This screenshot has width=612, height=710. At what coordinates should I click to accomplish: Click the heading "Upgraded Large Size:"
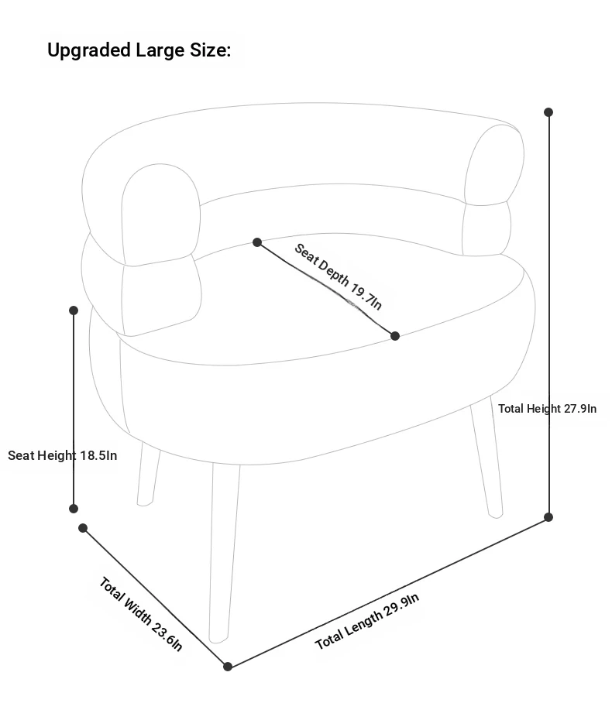pyautogui.click(x=139, y=50)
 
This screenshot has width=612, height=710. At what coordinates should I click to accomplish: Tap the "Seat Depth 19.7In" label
pyautogui.click(x=339, y=276)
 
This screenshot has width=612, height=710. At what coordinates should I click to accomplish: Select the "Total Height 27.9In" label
pyautogui.click(x=547, y=409)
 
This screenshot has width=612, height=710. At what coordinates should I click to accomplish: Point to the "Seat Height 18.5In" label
pyautogui.click(x=63, y=455)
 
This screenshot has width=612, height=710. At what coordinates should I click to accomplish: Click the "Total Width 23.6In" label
pyautogui.click(x=141, y=614)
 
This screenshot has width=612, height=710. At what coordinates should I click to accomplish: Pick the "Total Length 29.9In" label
pyautogui.click(x=367, y=621)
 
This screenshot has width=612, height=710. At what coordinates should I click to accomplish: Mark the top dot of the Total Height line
pyautogui.click(x=548, y=111)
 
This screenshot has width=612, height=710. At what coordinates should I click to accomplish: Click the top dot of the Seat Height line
pyautogui.click(x=74, y=310)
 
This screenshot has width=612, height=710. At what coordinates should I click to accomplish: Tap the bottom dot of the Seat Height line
pyautogui.click(x=74, y=509)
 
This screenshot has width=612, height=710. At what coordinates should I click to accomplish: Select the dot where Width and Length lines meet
pyautogui.click(x=228, y=666)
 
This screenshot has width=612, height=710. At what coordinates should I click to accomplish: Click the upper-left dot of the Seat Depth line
pyautogui.click(x=257, y=242)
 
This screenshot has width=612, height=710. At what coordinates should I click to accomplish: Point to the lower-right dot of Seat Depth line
pyautogui.click(x=395, y=336)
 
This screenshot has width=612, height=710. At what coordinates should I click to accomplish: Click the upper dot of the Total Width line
pyautogui.click(x=83, y=528)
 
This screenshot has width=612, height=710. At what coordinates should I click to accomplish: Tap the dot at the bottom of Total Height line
pyautogui.click(x=548, y=517)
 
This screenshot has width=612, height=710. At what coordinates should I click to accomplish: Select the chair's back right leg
pyautogui.click(x=487, y=458)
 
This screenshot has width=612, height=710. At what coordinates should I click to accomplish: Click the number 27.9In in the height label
pyautogui.click(x=579, y=409)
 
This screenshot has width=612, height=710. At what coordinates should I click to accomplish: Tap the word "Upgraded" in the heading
pyautogui.click(x=89, y=50)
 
